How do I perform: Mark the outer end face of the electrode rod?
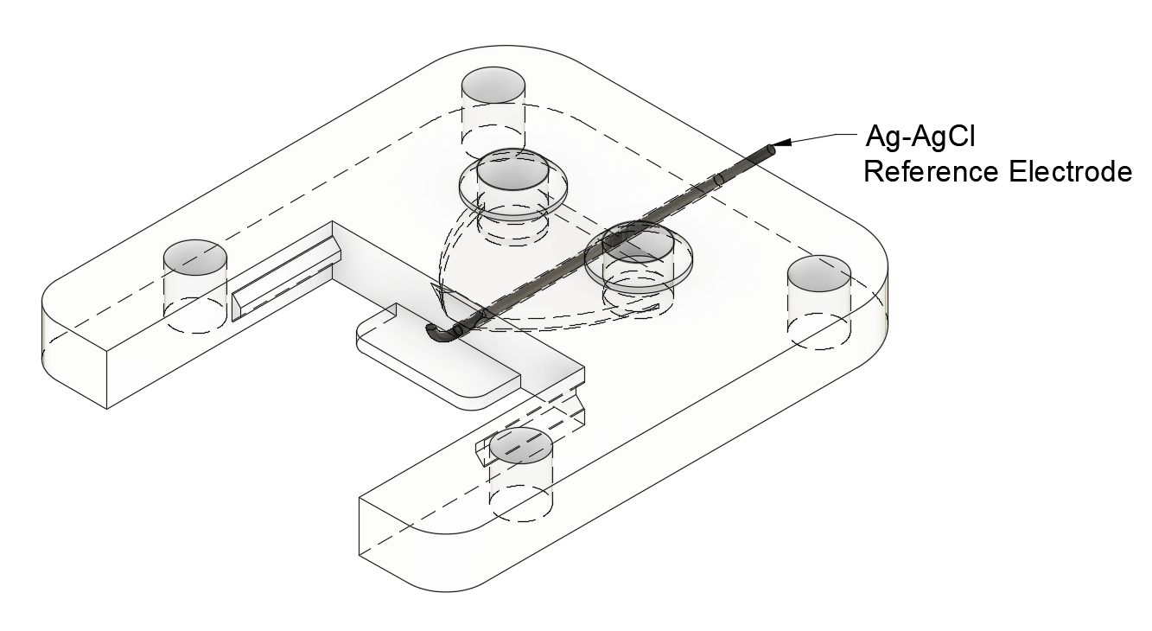(x=767, y=150)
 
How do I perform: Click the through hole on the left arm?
(x=195, y=258)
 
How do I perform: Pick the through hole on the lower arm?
(x=521, y=446)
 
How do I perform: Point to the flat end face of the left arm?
(x=74, y=354)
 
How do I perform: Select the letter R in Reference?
(x=874, y=171)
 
